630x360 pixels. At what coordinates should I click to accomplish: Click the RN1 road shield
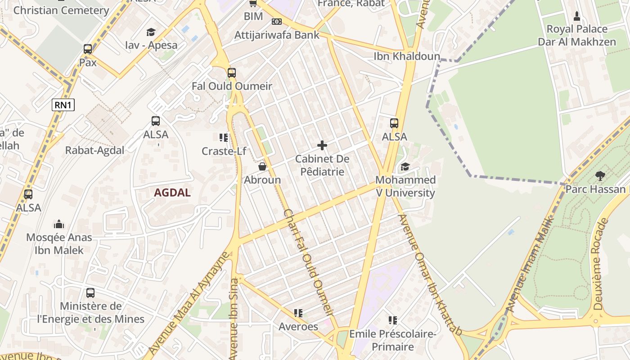[x=63, y=105]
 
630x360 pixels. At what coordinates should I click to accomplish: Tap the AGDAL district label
[x=172, y=193]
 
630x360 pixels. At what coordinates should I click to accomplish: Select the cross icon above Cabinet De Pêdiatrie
[x=322, y=145]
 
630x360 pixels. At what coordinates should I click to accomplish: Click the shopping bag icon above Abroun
[x=262, y=167]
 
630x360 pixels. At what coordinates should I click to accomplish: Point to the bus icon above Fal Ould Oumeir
[x=232, y=72]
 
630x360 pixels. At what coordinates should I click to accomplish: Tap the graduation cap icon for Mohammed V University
[x=405, y=167]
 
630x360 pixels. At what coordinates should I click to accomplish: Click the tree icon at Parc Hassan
[x=600, y=176]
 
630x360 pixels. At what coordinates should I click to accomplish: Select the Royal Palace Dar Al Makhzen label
[x=576, y=36]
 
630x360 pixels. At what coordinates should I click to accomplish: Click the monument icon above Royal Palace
[x=577, y=17]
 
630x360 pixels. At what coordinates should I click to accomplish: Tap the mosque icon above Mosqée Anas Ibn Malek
[x=59, y=224]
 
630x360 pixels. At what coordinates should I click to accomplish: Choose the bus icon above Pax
[x=88, y=49]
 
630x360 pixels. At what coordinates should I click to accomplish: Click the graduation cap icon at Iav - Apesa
[x=151, y=32]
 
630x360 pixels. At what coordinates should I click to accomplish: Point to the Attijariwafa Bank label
[x=277, y=35]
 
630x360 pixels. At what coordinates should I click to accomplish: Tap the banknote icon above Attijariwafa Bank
[x=277, y=21]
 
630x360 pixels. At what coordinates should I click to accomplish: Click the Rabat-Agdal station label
[x=94, y=150]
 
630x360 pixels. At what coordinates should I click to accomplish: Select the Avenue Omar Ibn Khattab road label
[x=430, y=274]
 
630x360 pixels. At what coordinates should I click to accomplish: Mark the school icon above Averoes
[x=298, y=313]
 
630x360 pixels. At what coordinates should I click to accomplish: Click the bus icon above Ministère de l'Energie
[x=90, y=293]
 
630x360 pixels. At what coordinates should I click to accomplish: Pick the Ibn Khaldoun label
[x=407, y=56]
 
